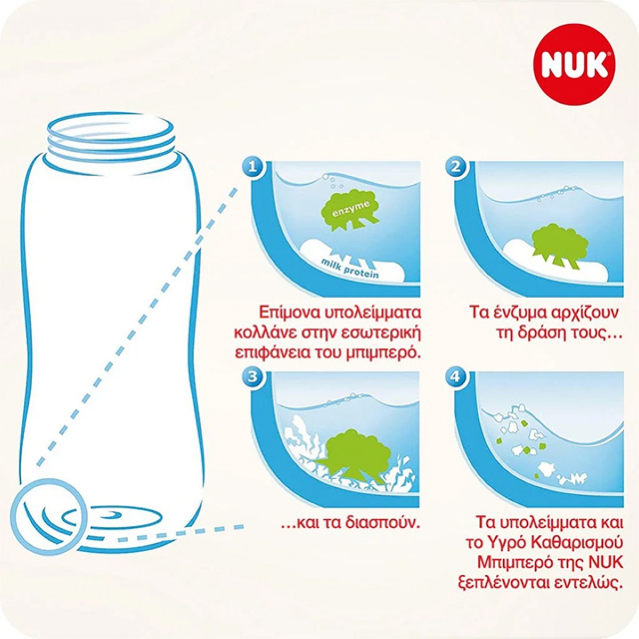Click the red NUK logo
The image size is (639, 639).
574,64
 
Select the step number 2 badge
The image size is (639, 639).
456,167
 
